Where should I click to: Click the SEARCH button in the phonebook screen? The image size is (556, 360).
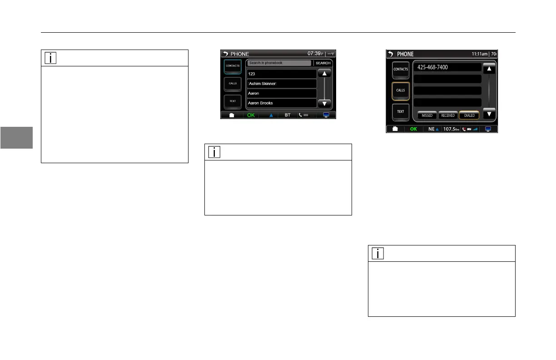[323, 63]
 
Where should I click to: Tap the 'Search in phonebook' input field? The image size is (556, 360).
[279, 63]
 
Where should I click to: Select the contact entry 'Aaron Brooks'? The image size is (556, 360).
[282, 103]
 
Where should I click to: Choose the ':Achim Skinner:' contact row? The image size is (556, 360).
[282, 84]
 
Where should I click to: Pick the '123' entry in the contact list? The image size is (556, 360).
[282, 74]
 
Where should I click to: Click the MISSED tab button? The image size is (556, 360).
[427, 115]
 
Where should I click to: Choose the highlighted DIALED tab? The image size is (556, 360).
[469, 115]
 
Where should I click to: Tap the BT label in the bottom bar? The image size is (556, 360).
[288, 115]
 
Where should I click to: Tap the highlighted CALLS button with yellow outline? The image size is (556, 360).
[401, 90]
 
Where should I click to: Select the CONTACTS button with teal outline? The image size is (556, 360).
[233, 66]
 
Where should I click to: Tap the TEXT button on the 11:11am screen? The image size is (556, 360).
[401, 111]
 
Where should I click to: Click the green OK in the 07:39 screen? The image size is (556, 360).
[250, 115]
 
